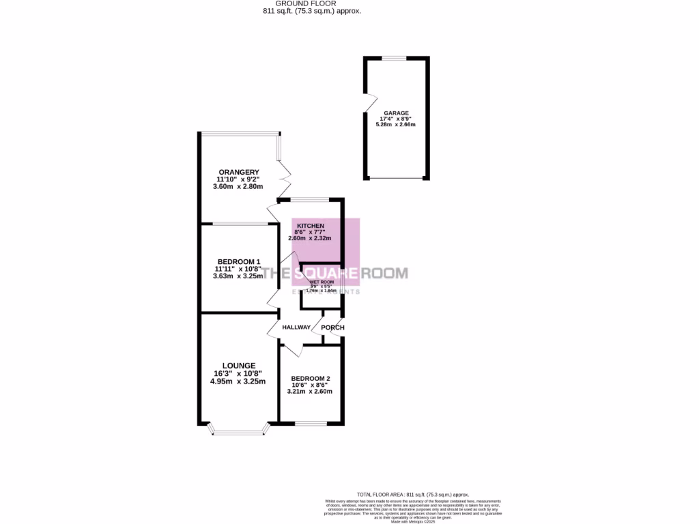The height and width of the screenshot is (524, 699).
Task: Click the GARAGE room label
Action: click(396, 113)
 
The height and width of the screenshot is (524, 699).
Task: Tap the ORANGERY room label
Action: click(238, 171)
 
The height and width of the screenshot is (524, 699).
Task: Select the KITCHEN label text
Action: click(310, 226)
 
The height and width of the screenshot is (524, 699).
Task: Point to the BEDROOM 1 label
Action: click(238, 261)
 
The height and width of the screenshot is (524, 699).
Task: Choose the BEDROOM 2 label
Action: click(311, 379)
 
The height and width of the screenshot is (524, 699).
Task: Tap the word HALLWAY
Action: click(296, 327)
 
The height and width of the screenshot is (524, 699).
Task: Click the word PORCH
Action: click(332, 327)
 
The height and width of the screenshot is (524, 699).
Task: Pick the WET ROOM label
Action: click(322, 282)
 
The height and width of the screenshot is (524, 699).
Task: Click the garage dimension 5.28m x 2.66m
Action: click(396, 125)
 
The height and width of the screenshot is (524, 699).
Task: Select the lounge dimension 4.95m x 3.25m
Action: click(238, 381)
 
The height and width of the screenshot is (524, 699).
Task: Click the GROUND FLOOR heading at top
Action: click(313, 3)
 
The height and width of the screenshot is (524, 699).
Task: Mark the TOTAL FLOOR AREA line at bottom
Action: click(413, 494)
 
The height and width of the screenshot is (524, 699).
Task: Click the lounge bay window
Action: click(238, 431)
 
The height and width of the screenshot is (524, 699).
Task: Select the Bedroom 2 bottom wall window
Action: click(311, 424)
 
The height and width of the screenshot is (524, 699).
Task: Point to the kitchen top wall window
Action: click(310, 199)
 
